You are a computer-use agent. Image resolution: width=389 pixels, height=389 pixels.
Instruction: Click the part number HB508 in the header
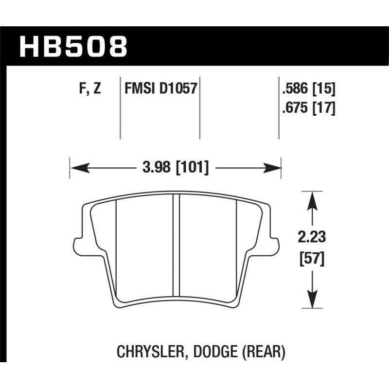pyautogui.click(x=73, y=46)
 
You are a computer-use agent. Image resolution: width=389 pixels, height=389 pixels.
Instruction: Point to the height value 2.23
pyautogui.click(x=312, y=238)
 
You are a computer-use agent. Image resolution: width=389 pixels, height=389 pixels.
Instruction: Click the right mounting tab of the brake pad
pyautogui.click(x=275, y=243)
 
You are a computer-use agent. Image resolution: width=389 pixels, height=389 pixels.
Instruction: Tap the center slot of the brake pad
pyautogui.click(x=177, y=243)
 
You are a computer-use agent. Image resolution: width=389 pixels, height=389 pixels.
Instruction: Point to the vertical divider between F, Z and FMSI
pyautogui.click(x=120, y=107)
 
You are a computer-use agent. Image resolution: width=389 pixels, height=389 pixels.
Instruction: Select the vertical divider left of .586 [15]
pyautogui.click(x=279, y=107)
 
